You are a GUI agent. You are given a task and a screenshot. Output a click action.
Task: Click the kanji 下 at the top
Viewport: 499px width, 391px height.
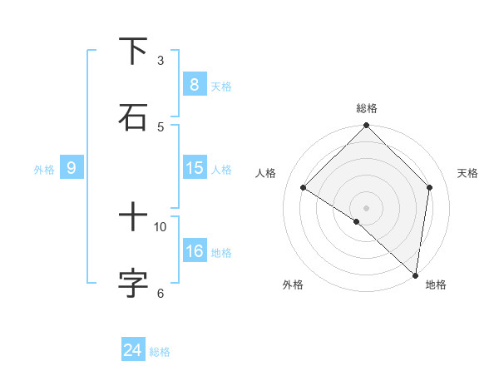pos(133,51)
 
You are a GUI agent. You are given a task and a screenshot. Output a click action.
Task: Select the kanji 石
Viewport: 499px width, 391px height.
pos(133,116)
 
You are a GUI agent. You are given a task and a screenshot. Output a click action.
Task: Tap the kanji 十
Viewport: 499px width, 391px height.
pos(133,217)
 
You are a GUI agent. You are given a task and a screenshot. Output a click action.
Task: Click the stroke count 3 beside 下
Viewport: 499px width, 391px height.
pos(161,60)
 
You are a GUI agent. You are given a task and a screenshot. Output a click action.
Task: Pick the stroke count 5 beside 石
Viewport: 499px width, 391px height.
pos(161,126)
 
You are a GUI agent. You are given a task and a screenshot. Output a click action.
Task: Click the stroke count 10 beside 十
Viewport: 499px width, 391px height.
pos(161,226)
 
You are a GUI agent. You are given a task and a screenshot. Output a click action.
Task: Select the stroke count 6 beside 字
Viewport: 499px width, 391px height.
pos(161,293)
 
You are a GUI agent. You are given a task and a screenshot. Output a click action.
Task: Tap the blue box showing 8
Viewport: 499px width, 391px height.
pos(194,84)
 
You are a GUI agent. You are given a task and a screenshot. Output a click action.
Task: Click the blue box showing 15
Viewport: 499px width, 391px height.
pos(194,168)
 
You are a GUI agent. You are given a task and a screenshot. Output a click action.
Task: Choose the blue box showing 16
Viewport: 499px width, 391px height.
pos(194,251)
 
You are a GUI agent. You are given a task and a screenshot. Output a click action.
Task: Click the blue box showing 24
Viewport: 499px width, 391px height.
pos(132,351)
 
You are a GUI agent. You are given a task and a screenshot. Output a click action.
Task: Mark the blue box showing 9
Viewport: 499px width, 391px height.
pos(72,168)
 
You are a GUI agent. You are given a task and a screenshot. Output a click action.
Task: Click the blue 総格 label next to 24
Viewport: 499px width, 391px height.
pos(160,352)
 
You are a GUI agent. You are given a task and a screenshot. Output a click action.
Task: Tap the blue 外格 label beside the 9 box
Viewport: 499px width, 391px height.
pos(44,170)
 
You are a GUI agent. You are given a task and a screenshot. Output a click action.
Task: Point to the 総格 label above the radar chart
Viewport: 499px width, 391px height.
pos(367,108)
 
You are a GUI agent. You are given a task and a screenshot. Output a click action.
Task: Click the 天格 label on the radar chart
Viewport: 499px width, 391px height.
pos(467,173)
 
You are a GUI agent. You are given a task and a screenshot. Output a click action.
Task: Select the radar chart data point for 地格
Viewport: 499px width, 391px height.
pos(415,275)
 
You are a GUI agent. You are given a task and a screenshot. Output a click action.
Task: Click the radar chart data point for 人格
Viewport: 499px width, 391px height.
pos(304,188)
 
